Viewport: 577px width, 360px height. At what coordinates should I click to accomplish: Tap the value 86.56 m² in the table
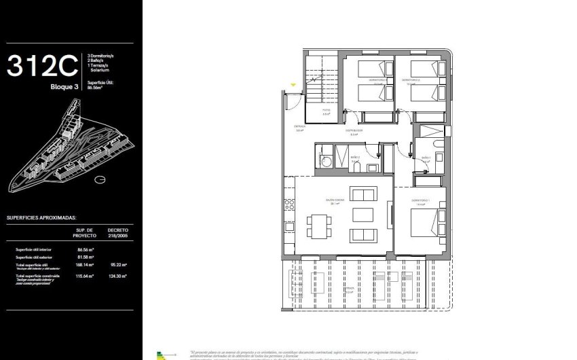tap(85, 249)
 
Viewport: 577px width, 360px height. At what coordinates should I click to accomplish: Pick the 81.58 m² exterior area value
tap(85, 257)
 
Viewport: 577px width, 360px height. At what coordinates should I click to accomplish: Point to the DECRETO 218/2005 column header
tap(117, 232)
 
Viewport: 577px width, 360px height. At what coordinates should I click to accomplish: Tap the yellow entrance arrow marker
tap(293, 84)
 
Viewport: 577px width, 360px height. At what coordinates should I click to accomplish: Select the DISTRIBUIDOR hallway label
tap(354, 130)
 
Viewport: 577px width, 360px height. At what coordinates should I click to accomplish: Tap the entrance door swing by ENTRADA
tap(293, 102)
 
